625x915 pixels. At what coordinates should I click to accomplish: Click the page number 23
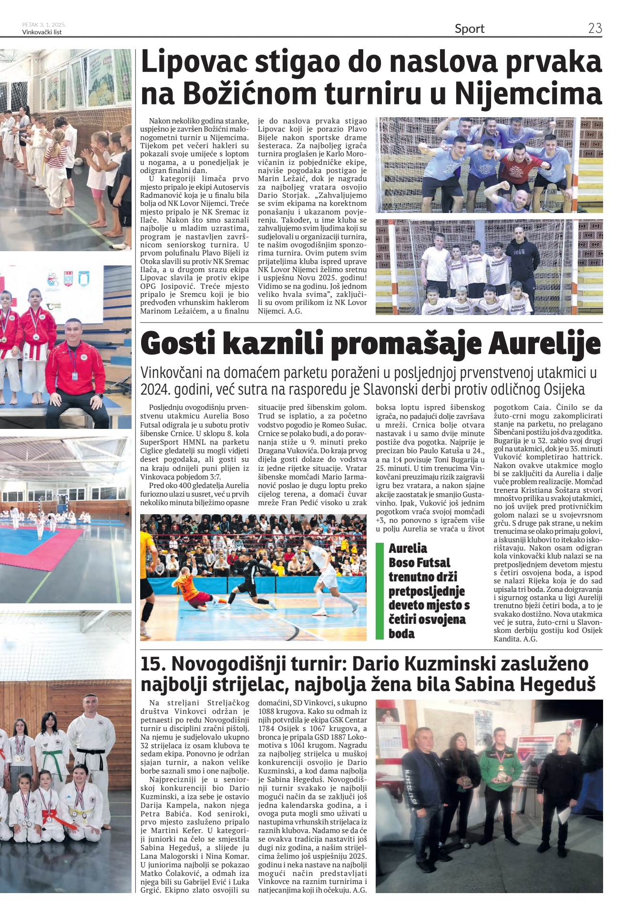click(594, 28)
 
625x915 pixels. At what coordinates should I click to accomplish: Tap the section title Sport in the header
click(469, 29)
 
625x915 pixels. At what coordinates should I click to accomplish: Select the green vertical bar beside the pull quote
click(379, 590)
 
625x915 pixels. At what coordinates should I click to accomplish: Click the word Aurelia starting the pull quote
click(408, 548)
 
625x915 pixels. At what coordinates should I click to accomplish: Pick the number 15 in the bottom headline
click(151, 663)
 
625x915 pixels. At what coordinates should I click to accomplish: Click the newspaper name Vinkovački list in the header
click(42, 32)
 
